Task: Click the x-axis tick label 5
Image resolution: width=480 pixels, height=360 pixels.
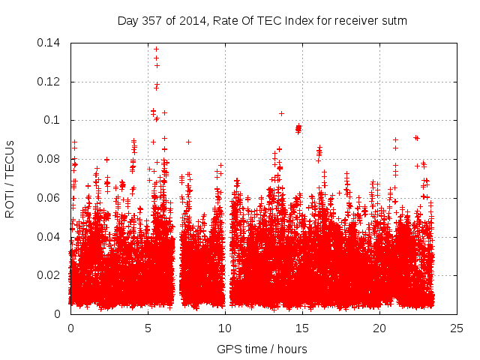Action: tap(148, 328)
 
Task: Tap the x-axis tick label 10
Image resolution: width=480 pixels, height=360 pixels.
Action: tap(225, 328)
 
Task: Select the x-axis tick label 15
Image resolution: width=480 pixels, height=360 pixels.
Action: tap(302, 328)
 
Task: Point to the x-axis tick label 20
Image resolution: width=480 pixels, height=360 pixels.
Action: tap(380, 328)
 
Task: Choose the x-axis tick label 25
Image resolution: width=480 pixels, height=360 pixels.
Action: tap(457, 328)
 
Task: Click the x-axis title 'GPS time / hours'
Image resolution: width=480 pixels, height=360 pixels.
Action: tap(262, 349)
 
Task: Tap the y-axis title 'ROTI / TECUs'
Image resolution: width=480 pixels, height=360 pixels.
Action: tap(11, 178)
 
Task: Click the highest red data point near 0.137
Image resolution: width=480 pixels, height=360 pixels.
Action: tap(156, 49)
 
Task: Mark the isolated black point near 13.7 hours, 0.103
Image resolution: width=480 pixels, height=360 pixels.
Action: tap(281, 113)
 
